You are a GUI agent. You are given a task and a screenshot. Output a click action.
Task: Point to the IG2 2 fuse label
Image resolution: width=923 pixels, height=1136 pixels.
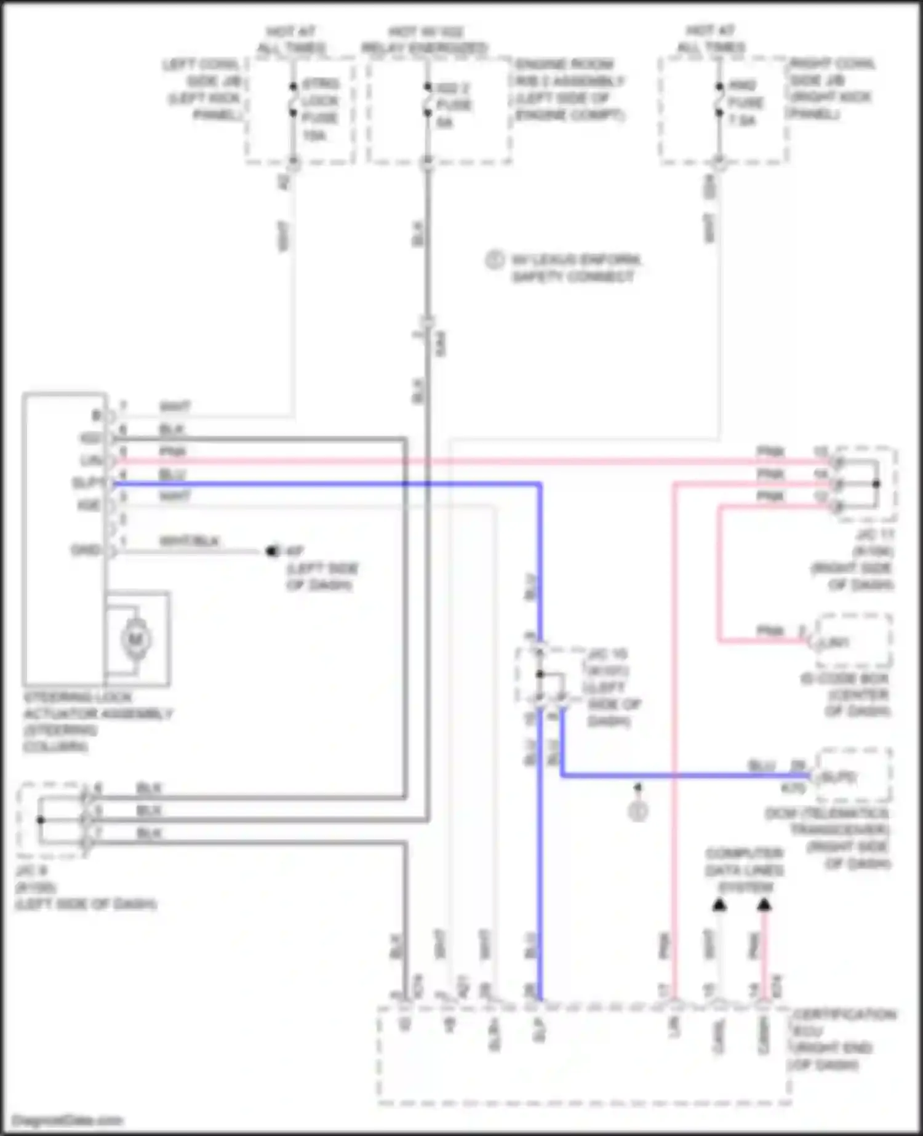coord(453,105)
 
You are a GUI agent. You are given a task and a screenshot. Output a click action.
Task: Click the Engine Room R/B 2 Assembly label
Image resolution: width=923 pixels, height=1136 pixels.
coord(569,90)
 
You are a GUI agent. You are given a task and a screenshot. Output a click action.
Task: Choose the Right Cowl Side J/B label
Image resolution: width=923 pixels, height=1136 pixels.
coord(831,89)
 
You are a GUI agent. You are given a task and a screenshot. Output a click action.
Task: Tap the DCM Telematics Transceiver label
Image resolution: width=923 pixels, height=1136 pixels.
coord(828,838)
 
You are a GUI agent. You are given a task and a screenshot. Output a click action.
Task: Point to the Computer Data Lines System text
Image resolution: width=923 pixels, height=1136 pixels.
coord(745,870)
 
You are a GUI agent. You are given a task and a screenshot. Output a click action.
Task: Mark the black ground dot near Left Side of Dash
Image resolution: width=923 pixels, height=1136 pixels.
coord(271,551)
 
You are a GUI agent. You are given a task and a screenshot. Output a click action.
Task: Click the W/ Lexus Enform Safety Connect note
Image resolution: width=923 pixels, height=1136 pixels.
coord(575,268)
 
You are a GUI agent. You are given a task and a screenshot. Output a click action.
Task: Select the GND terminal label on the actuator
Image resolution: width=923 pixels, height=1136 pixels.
coord(85,550)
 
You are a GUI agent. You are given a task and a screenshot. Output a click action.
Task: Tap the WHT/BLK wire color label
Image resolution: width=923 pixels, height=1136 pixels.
coord(189,542)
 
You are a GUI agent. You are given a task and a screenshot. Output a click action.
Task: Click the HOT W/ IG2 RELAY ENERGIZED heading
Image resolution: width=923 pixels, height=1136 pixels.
coord(425,39)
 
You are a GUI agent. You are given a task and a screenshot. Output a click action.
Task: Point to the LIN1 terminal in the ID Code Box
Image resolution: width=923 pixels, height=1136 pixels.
coord(836,642)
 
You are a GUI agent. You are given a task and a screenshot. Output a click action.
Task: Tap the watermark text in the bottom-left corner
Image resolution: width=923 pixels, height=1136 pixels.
coord(67,1121)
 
